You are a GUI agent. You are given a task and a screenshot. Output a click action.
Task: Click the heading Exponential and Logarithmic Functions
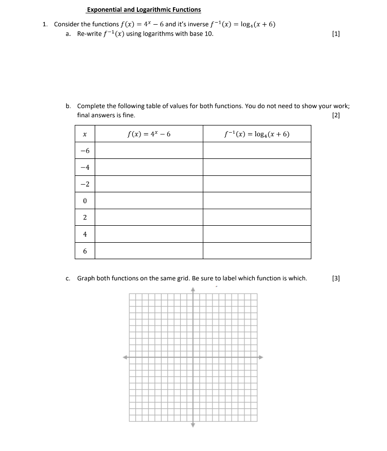click(x=144, y=9)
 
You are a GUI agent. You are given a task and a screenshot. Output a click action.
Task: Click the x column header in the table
click(x=84, y=134)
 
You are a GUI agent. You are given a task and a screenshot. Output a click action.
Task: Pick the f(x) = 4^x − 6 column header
click(x=149, y=134)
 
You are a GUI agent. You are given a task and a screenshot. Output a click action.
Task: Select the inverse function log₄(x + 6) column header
click(x=257, y=134)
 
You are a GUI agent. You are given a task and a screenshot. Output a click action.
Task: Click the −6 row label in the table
click(x=84, y=151)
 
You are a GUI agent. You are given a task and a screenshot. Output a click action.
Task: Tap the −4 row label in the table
click(x=84, y=168)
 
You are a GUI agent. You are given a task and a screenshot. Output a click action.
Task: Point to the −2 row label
click(x=84, y=184)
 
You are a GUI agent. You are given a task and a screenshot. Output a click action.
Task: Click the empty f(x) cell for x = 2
click(x=149, y=218)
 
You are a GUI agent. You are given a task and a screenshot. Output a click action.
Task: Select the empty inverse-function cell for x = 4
click(x=257, y=234)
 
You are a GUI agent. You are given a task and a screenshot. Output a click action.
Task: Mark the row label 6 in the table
click(x=84, y=251)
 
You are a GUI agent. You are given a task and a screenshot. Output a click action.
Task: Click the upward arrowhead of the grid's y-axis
click(x=193, y=290)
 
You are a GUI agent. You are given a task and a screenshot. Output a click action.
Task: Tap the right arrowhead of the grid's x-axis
click(x=260, y=357)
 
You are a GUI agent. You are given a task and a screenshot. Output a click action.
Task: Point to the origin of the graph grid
click(x=193, y=357)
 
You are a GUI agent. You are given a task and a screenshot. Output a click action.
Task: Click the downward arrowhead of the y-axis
click(x=193, y=425)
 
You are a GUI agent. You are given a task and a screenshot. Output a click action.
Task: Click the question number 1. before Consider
click(x=45, y=24)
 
